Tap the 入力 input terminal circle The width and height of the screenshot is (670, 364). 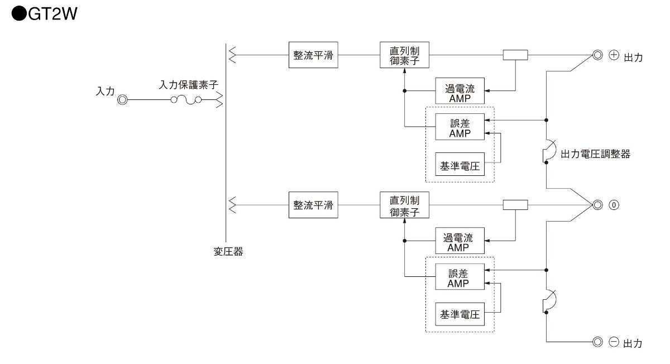[x=122, y=100]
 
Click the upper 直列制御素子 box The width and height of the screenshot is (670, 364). [x=404, y=55]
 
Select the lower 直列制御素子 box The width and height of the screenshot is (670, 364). [x=404, y=205]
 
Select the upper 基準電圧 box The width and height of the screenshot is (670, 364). [x=460, y=165]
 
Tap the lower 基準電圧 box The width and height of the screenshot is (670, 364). [x=460, y=315]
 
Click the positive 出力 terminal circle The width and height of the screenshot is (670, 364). [x=597, y=55]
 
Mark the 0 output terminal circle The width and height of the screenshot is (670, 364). [x=597, y=205]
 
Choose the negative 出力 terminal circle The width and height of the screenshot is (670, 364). [x=597, y=341]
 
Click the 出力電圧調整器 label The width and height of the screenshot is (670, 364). [x=595, y=154]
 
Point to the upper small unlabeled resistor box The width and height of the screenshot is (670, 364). [x=515, y=55]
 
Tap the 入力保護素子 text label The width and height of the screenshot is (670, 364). [x=188, y=85]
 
